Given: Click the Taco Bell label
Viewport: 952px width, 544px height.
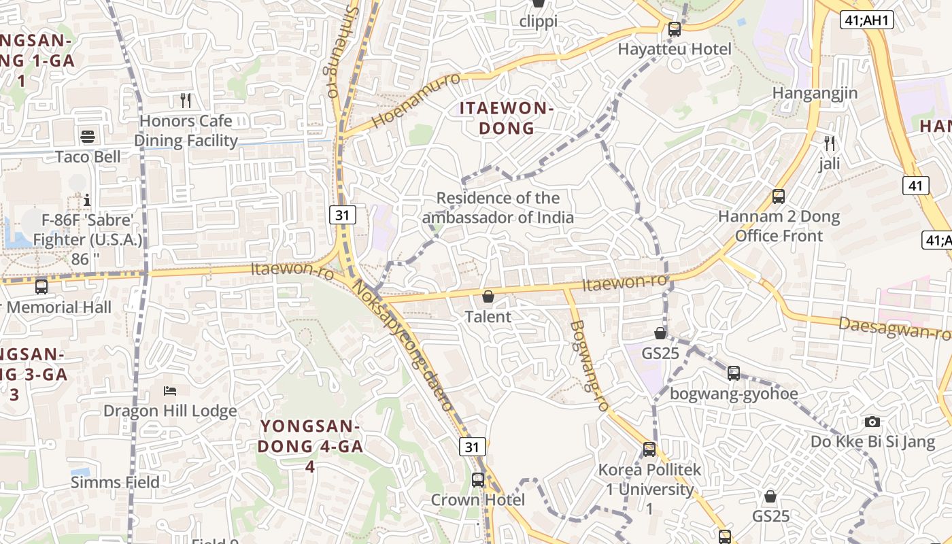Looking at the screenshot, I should pos(88,157).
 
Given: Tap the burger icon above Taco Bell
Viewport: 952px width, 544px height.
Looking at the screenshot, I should pos(88,137).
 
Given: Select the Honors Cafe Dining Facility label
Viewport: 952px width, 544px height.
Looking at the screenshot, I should pos(186,131).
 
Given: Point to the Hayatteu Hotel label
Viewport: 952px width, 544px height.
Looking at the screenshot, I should pos(675,49).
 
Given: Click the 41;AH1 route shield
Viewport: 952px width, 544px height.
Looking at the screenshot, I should pos(866,20).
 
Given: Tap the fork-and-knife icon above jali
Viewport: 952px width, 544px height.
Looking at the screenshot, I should pos(829,143).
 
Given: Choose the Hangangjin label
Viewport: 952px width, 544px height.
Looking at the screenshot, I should pos(815,93).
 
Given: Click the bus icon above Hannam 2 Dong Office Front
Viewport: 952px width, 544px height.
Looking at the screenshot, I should pos(779,197).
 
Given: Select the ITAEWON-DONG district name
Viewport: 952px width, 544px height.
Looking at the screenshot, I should pos(507,118).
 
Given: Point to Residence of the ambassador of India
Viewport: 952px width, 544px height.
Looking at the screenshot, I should pos(498,207).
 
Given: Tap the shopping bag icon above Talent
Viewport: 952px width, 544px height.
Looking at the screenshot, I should pos(488,296).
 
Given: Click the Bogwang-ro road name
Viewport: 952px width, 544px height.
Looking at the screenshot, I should pos(589,365).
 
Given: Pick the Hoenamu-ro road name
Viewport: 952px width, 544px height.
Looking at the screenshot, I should pos(416,101).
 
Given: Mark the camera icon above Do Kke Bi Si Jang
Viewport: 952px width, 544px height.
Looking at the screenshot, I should pos(872,422).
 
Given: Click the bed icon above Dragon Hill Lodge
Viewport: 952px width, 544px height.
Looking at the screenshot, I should pos(170,391).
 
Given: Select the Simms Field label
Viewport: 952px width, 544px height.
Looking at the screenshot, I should pos(115,482).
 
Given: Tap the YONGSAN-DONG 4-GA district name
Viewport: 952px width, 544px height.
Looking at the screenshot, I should pos(310,446).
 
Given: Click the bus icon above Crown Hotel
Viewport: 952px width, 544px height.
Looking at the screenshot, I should pos(478,479).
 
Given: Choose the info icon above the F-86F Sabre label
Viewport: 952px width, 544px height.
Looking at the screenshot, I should pos(87,200).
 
